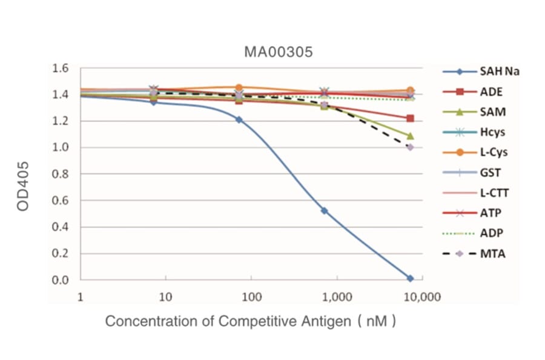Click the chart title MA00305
pyautogui.click(x=278, y=52)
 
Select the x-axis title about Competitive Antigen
pyautogui.click(x=251, y=321)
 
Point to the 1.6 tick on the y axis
pyautogui.click(x=61, y=68)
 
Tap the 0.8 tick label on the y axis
pyautogui.click(x=61, y=174)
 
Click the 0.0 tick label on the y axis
pyautogui.click(x=61, y=280)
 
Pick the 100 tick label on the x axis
pyautogui.click(x=251, y=297)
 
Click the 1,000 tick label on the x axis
pyautogui.click(x=335, y=297)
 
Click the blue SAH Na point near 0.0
pyautogui.click(x=410, y=278)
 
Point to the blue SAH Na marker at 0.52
pyautogui.click(x=325, y=211)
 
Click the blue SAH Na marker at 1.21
pyautogui.click(x=239, y=119)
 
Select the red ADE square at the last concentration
pyautogui.click(x=410, y=118)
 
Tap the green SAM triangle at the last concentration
pyautogui.click(x=410, y=136)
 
